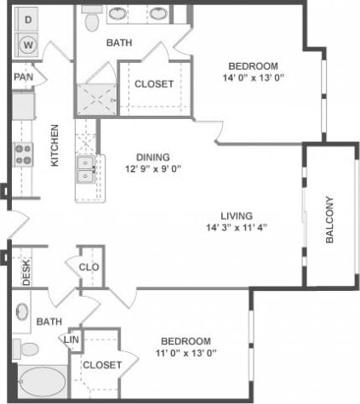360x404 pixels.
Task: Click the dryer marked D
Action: pos(29,18)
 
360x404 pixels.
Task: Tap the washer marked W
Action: pos(29,44)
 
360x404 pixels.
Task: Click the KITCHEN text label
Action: pos(54,145)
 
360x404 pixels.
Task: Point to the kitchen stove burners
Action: pos(23,154)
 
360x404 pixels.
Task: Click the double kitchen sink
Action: pos(85,169)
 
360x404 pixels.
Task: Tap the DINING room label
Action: pos(153,156)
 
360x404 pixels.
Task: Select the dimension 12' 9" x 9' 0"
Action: pos(153,168)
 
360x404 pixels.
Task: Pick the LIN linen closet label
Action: pos(72,340)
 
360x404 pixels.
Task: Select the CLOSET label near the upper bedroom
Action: pos(154,84)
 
